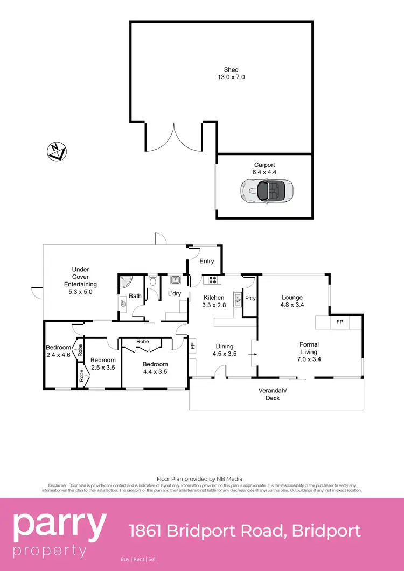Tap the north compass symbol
(x=57, y=152)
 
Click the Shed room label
(x=231, y=69)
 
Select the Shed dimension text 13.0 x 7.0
(x=231, y=77)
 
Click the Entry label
(x=207, y=261)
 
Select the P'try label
(x=250, y=298)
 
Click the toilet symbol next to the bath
(x=152, y=280)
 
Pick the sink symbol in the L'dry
(x=175, y=279)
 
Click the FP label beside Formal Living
(x=339, y=322)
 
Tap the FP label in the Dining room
(x=192, y=344)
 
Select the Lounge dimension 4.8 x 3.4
(x=292, y=305)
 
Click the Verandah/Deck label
(x=273, y=394)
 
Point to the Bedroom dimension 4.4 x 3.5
(x=156, y=372)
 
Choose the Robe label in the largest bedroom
(x=142, y=342)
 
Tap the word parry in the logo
(x=60, y=527)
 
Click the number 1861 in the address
(x=145, y=531)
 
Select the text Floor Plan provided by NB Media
(x=199, y=478)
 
